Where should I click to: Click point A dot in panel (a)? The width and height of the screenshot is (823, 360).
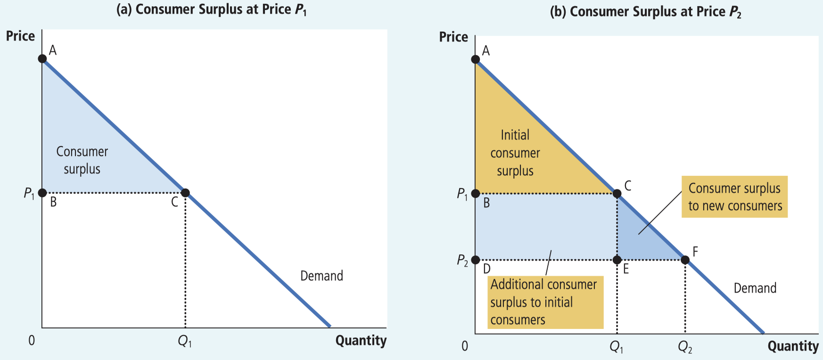[42, 58]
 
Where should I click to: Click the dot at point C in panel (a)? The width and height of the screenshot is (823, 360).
[185, 193]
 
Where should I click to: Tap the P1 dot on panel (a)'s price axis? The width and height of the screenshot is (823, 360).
[42, 193]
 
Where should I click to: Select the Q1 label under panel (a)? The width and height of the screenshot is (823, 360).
[185, 341]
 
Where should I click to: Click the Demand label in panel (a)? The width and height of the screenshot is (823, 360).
[321, 276]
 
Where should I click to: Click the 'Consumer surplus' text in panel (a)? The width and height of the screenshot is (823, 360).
[82, 160]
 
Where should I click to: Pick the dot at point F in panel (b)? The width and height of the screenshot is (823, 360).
[685, 260]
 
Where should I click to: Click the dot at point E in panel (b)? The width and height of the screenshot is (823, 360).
[617, 260]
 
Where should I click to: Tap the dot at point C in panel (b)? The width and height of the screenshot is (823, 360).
[617, 193]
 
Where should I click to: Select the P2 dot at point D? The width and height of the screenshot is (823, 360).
[476, 260]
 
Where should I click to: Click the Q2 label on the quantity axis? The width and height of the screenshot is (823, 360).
[685, 347]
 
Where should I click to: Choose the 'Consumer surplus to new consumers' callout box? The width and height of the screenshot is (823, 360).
[734, 197]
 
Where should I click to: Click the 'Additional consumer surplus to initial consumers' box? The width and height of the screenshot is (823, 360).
[545, 302]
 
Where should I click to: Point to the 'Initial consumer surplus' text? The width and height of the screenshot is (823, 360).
[515, 153]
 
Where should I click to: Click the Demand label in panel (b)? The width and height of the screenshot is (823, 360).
[755, 288]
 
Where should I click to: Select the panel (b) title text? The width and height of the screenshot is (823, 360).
[646, 12]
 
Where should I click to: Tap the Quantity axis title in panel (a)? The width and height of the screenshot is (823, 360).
[361, 341]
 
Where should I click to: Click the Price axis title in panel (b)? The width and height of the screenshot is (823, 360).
[453, 37]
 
